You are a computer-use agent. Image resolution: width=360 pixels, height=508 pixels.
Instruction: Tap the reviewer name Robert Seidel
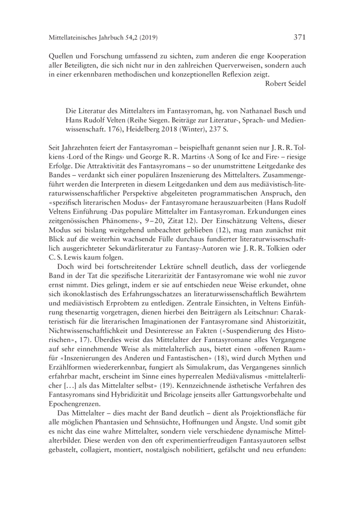tap(286, 82)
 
